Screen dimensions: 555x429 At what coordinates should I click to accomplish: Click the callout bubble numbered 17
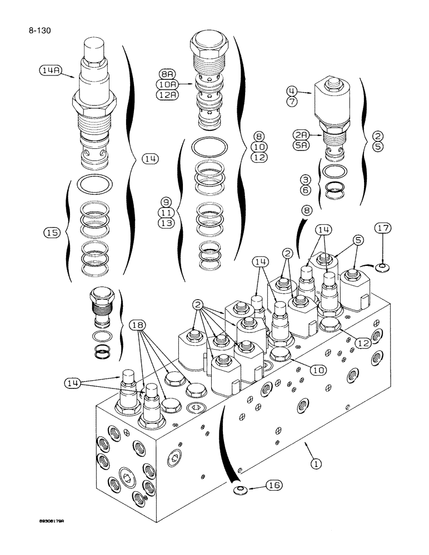point(382,229)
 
